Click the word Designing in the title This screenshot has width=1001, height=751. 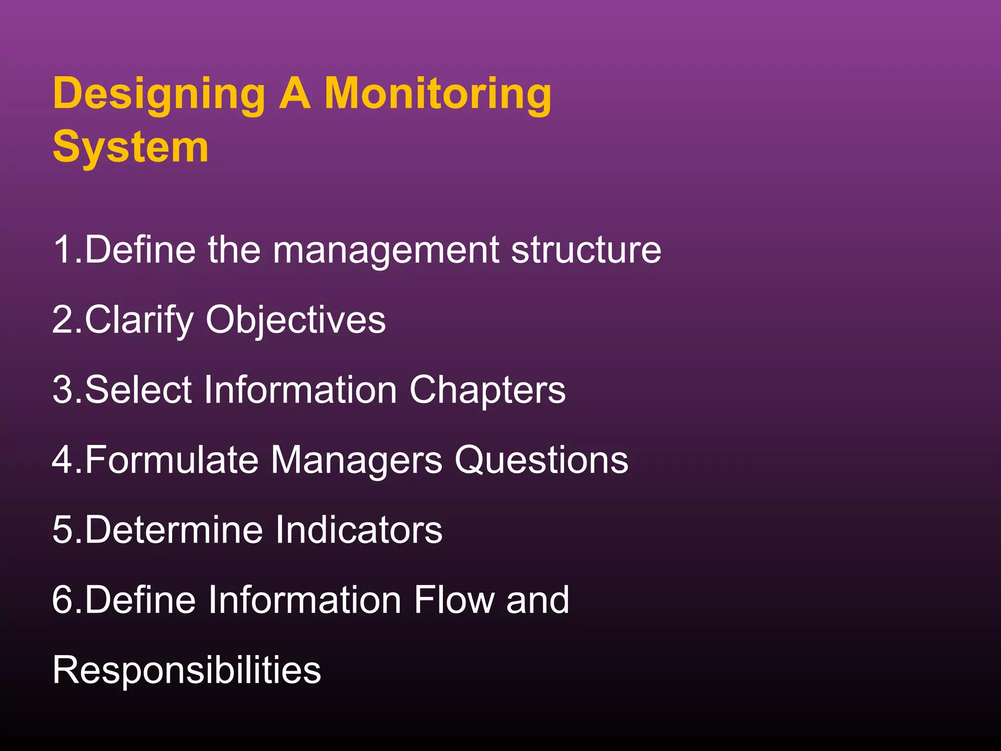tap(159, 94)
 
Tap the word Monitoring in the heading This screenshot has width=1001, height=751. tap(438, 94)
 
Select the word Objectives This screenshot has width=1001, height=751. tap(296, 320)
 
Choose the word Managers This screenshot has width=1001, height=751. tap(356, 461)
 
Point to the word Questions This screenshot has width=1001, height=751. tap(541, 460)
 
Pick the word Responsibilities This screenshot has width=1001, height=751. tap(187, 670)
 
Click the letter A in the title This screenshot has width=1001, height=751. tap(295, 94)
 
